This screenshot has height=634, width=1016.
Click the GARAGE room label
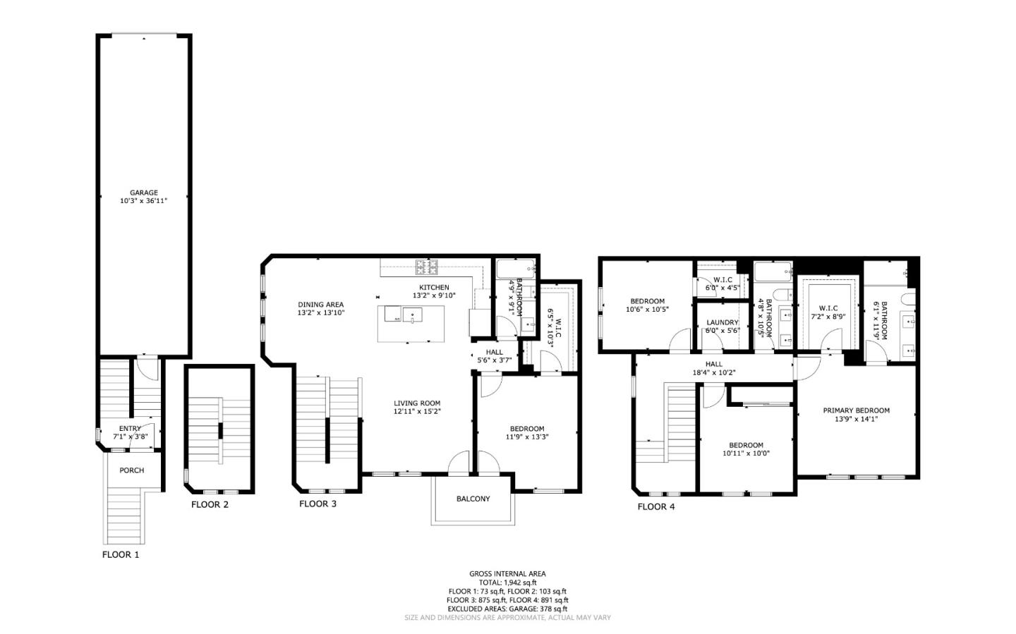click(143, 193)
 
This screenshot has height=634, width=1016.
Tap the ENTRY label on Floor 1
click(130, 428)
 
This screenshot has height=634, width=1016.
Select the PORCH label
click(131, 470)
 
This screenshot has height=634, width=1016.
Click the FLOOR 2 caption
click(210, 504)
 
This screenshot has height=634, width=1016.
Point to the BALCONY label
click(473, 499)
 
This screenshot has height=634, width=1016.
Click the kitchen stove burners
click(426, 267)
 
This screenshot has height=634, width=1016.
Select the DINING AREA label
click(320, 305)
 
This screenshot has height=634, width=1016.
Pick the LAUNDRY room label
click(722, 322)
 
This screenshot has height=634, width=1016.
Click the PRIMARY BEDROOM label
click(856, 410)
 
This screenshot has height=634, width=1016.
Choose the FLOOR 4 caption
click(656, 506)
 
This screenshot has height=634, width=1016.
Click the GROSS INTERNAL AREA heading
click(507, 574)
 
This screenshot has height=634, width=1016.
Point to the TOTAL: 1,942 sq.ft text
click(507, 583)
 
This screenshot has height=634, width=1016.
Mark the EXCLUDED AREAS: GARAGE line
click(507, 609)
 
